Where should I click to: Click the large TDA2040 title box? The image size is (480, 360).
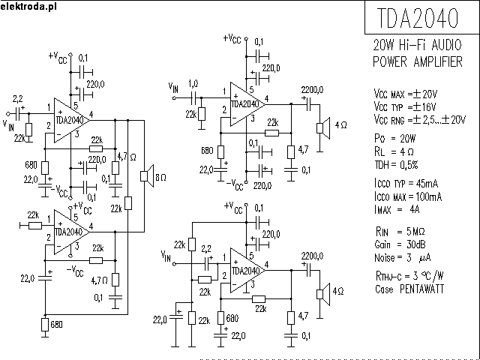[419, 17]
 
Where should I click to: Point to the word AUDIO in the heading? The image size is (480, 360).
[442, 46]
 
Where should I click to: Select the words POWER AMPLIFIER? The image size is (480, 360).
[417, 61]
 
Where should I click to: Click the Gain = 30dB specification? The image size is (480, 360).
[400, 244]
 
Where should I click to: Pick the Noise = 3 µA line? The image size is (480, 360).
[403, 256]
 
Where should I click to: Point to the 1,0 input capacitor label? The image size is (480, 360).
[194, 82]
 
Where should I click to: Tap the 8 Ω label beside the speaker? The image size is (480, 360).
[161, 177]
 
